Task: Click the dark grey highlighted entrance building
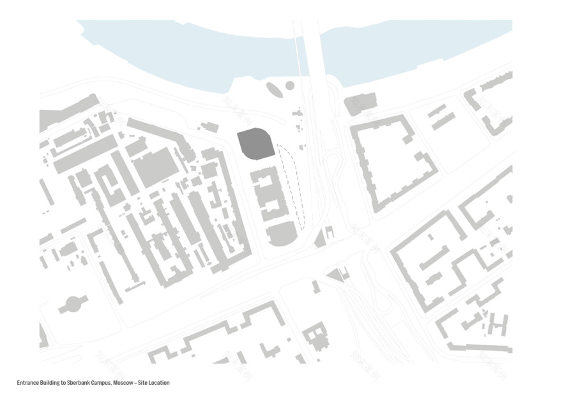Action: point(256,144)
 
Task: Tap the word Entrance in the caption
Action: point(27,383)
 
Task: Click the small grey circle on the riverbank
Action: point(290,86)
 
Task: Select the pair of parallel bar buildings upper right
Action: point(441,117)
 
